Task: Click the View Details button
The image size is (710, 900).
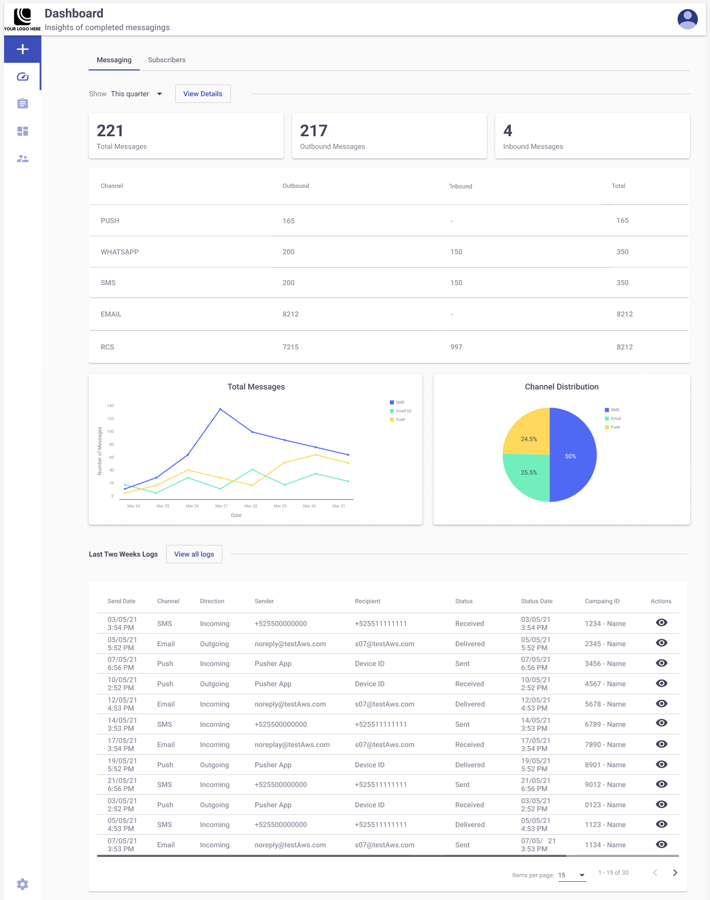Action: tap(203, 94)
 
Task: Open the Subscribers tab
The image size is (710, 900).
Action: tap(167, 60)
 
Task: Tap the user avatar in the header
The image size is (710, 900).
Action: tap(687, 19)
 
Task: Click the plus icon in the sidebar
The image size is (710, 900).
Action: tap(22, 49)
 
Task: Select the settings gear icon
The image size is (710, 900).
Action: tap(22, 884)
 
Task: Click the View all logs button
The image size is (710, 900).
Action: tap(194, 554)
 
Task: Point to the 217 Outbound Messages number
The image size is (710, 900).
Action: tap(313, 131)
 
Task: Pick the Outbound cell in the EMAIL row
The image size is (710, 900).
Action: tap(290, 314)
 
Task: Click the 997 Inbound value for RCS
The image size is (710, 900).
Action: tap(456, 347)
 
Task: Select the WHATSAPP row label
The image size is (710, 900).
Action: tap(120, 252)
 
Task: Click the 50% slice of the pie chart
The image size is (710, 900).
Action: tap(572, 456)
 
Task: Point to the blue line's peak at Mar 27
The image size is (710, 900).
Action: tap(220, 409)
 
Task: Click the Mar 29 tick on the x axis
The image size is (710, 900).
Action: tap(280, 506)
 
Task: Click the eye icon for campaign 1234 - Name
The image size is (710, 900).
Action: tap(661, 623)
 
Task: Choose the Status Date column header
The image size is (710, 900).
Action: tap(536, 601)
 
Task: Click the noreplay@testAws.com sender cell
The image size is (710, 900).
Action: tap(292, 745)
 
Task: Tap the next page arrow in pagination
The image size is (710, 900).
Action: tap(675, 873)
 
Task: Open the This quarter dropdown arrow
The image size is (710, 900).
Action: tap(160, 94)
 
